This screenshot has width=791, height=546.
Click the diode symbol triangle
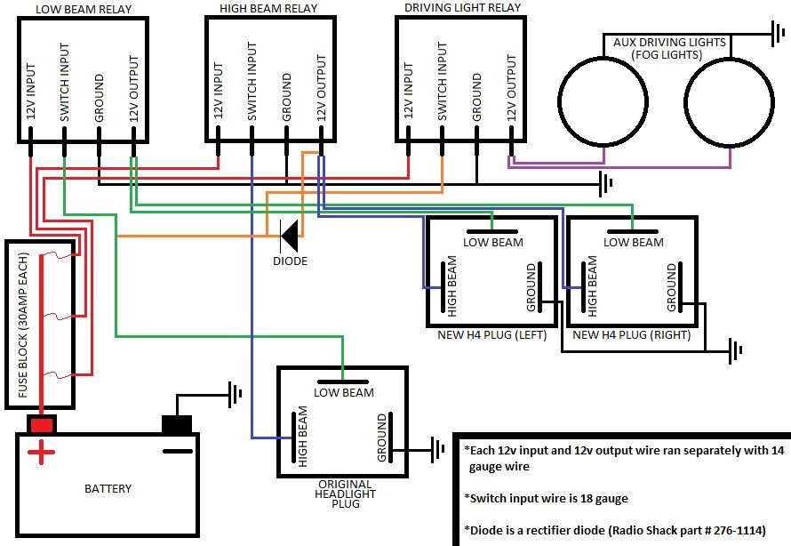coord(289,236)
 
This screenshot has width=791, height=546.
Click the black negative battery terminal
coord(177,423)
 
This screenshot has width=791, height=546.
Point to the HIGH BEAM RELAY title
coord(267,8)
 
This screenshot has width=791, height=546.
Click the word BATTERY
coord(108,488)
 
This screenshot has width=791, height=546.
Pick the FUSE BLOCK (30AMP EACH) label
coord(24,326)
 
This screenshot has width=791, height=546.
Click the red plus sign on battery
coord(40,455)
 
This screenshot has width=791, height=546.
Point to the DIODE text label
coord(290,261)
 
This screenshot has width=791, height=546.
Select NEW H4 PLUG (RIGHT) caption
coord(632,335)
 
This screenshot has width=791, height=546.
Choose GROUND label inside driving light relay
coord(477,98)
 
